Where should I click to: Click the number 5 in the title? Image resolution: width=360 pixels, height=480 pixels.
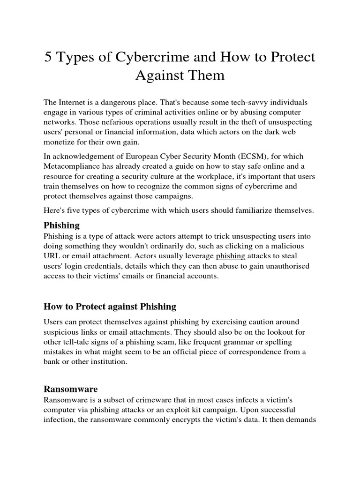tap(49, 58)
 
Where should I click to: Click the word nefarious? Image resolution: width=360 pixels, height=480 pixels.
tap(100, 122)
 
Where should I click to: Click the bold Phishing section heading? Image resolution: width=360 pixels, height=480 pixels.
tap(61, 225)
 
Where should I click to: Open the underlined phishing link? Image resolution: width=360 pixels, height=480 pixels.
tap(230, 256)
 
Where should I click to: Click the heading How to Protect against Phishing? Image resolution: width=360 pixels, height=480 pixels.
tap(110, 307)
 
